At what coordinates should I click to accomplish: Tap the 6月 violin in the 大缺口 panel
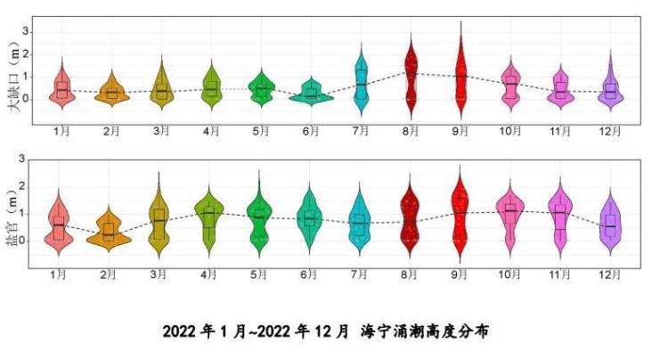tap(311, 94)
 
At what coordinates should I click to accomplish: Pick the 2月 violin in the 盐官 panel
tap(109, 232)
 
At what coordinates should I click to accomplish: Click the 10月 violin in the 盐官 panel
tap(510, 214)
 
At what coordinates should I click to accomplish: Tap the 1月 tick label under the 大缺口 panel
tap(61, 131)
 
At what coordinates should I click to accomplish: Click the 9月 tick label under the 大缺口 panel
tap(460, 131)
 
